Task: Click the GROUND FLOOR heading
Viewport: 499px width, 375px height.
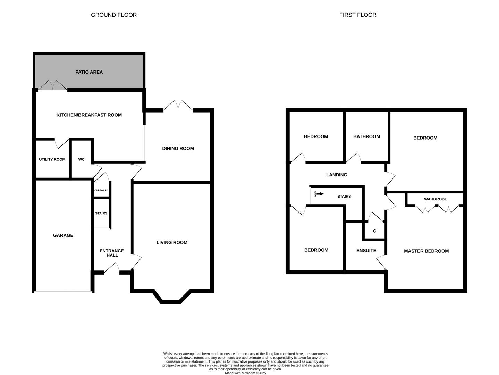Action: [114, 15]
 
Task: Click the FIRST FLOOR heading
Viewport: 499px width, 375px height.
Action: [358, 15]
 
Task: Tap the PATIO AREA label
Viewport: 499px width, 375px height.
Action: [89, 72]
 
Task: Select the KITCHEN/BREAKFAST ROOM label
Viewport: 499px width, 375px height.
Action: [89, 115]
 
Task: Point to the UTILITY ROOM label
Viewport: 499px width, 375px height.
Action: [52, 160]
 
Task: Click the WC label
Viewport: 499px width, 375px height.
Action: [81, 160]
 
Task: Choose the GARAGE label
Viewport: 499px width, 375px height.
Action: [63, 235]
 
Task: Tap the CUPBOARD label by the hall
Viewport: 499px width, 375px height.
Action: [101, 190]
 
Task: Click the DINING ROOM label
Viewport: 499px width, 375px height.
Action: [178, 148]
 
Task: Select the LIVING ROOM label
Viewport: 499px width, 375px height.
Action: [172, 243]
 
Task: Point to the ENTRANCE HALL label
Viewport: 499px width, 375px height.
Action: [112, 253]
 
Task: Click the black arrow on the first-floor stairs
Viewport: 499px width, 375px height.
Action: [320, 194]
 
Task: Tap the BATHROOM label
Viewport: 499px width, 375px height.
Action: [366, 136]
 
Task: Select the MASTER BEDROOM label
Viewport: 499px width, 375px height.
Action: [426, 251]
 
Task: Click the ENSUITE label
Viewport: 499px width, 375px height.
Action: [366, 251]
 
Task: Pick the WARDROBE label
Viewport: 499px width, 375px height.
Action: [435, 199]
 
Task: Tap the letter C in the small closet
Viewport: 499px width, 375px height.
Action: [374, 231]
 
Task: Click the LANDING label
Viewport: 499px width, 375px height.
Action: [337, 175]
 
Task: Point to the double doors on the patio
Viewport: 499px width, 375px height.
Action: [53, 85]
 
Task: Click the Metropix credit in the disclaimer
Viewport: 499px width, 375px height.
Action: [245, 373]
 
